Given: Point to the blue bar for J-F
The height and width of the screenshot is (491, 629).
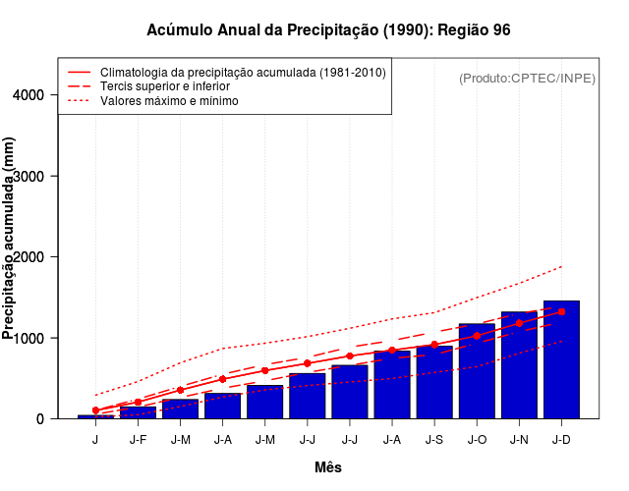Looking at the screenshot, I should click(138, 413).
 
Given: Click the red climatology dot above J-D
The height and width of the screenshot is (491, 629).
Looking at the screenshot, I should click(561, 311).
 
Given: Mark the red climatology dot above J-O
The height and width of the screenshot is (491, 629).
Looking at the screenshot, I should click(477, 336).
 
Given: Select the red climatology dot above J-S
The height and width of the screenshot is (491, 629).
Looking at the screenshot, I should click(434, 345).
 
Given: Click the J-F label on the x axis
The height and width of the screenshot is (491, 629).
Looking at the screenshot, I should click(138, 440).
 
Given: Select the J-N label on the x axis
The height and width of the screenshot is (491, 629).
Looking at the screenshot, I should click(519, 440).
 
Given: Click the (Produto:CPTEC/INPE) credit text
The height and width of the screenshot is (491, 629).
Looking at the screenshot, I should click(528, 78).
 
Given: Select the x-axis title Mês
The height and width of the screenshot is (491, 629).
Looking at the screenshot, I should click(328, 467).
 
